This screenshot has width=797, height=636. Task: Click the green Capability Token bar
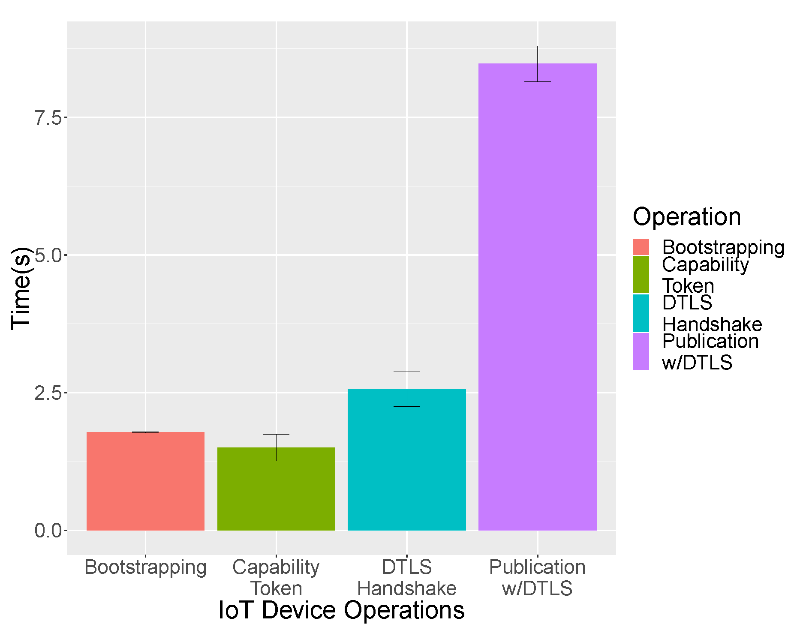tap(276, 489)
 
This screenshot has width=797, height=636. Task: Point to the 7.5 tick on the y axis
tap(48, 117)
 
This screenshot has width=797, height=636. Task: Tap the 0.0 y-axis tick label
tap(48, 531)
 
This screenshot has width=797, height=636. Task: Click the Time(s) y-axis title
tap(21, 288)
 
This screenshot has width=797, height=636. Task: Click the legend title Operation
tap(686, 216)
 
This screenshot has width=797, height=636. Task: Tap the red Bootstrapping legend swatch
tap(641, 247)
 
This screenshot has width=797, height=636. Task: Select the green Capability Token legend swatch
tap(641, 275)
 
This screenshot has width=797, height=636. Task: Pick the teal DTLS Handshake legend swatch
tap(641, 313)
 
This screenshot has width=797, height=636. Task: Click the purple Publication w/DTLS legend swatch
tap(641, 352)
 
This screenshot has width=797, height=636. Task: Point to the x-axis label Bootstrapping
tap(145, 567)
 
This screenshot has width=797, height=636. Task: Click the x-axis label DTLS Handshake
tap(406, 577)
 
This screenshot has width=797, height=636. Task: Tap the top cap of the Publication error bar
tap(537, 46)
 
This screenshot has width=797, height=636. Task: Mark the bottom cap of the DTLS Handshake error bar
tap(406, 406)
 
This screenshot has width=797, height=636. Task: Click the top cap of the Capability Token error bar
tap(276, 434)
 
